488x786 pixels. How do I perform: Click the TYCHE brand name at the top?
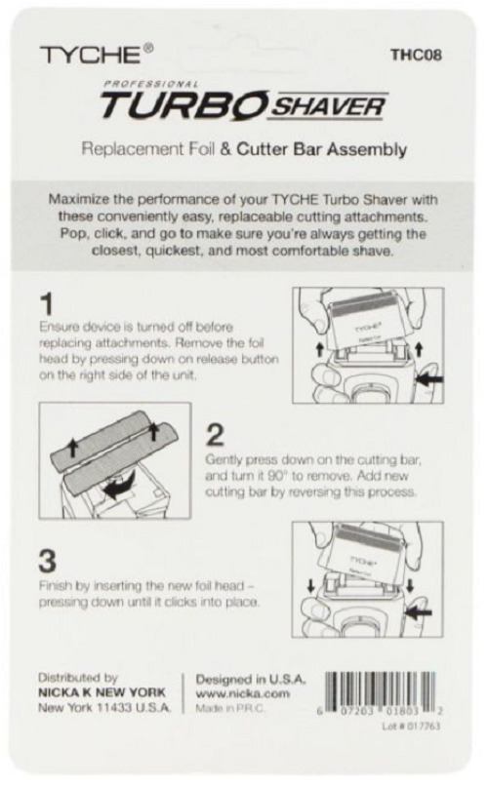90,55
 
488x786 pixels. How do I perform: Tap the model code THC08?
417,55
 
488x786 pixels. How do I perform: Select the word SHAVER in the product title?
327,106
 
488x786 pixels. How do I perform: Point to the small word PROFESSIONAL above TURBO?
151,84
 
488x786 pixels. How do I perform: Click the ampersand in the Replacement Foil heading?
225,149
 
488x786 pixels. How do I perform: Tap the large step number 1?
47,304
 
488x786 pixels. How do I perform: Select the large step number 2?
215,435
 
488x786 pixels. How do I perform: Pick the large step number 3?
48,561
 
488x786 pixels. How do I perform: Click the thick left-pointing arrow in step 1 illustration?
429,380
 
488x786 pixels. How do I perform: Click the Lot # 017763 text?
411,726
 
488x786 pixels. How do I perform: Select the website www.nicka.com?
243,693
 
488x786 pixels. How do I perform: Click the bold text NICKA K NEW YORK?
102,692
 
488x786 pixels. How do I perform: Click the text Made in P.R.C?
230,708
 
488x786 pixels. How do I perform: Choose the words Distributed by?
78,678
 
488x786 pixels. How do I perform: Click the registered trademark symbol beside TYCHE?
148,48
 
